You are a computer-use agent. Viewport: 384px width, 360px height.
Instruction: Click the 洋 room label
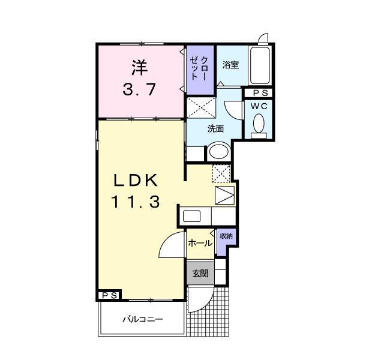click(x=140, y=66)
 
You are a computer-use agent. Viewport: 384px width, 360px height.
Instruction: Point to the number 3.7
click(x=140, y=90)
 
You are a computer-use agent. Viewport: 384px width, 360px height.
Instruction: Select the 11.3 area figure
click(x=135, y=203)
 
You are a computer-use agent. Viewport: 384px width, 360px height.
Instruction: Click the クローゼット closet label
click(x=200, y=70)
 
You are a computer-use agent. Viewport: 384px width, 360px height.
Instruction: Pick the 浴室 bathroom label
click(x=231, y=64)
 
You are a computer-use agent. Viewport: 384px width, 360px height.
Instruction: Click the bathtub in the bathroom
click(x=260, y=65)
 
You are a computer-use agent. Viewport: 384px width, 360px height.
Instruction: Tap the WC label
click(x=259, y=106)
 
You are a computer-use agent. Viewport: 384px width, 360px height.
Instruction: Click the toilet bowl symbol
click(x=259, y=125)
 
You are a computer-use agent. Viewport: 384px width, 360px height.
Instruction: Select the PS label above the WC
click(x=260, y=93)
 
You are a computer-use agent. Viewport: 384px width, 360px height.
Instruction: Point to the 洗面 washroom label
click(x=215, y=128)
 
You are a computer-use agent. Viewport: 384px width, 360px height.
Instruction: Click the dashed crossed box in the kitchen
click(x=221, y=173)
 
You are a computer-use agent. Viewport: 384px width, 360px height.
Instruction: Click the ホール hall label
click(x=199, y=243)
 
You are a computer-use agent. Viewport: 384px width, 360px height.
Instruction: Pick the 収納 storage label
click(x=226, y=236)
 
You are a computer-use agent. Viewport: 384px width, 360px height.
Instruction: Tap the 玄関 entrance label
click(x=200, y=274)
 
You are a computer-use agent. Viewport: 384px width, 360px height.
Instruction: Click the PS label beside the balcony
click(x=109, y=295)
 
